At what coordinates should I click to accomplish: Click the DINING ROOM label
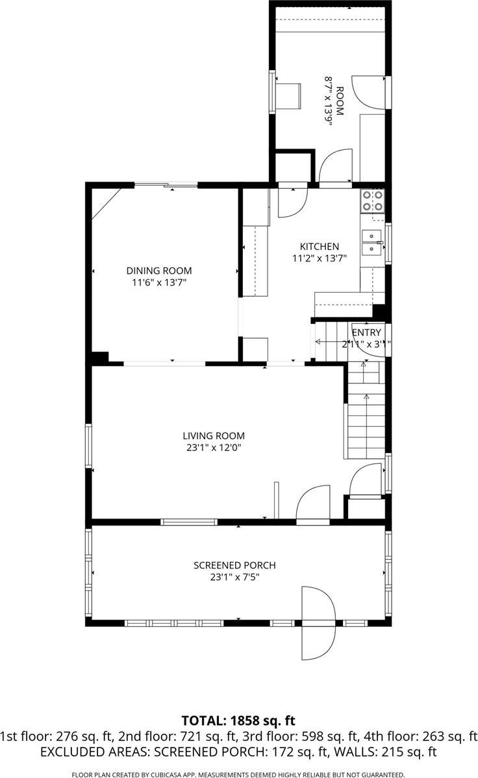[x=159, y=271]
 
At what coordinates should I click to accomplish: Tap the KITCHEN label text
[x=319, y=247]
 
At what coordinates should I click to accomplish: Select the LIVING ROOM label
[x=213, y=436]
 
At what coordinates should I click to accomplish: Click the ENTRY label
[x=366, y=333]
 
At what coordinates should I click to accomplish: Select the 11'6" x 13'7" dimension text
[x=159, y=282]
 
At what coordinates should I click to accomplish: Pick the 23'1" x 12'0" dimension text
[x=213, y=447]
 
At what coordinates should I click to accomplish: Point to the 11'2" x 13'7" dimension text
[x=319, y=258]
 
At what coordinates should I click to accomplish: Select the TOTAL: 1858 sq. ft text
[x=238, y=720]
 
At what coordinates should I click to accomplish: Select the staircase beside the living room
[x=366, y=415]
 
